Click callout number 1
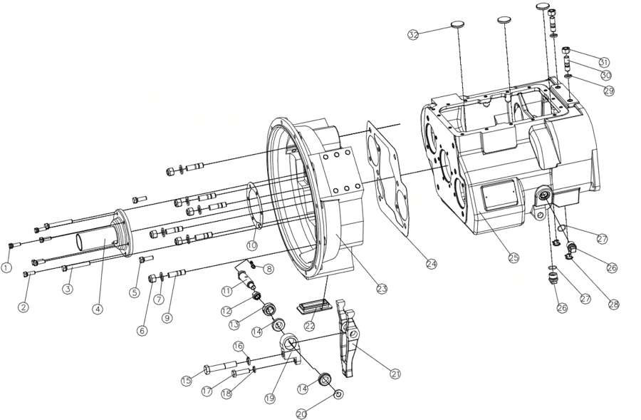coord(6,268)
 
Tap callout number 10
coord(251,245)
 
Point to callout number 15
coord(186,381)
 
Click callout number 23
coord(382,289)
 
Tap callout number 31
coord(604,61)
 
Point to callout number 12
coord(227,311)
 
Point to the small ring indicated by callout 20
coord(338,394)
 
